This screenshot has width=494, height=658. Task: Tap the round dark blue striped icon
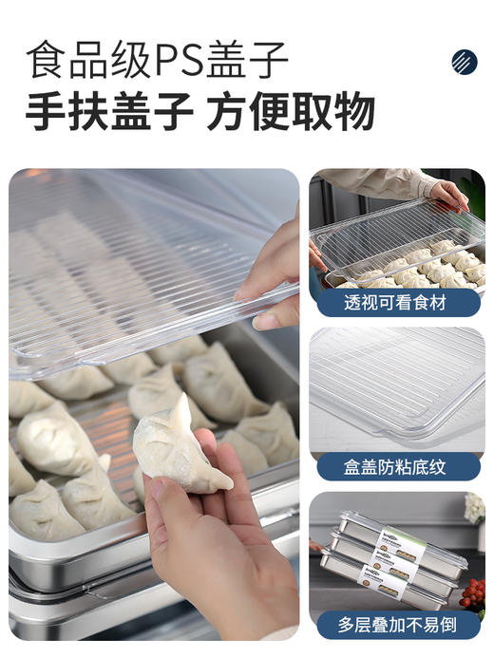click(464, 63)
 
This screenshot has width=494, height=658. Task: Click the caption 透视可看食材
click(396, 302)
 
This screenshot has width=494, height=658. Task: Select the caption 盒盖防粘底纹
click(396, 466)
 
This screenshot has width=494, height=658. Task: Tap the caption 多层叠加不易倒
click(396, 624)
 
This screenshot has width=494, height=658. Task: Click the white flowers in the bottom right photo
click(474, 508)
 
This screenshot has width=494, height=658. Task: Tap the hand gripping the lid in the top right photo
click(448, 194)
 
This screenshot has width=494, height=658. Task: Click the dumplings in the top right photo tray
click(418, 266)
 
